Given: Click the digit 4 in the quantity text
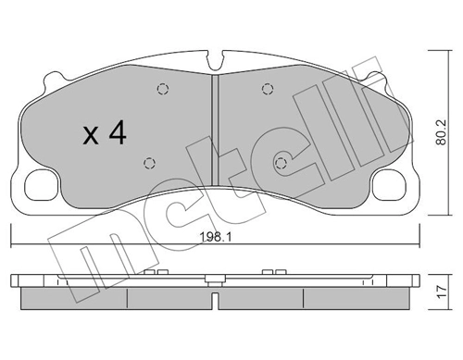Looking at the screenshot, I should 117,134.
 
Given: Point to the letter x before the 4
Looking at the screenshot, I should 90,137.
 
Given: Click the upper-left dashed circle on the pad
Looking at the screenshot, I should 163,90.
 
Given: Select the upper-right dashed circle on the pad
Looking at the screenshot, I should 267,90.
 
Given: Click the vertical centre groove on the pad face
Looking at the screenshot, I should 215,130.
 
